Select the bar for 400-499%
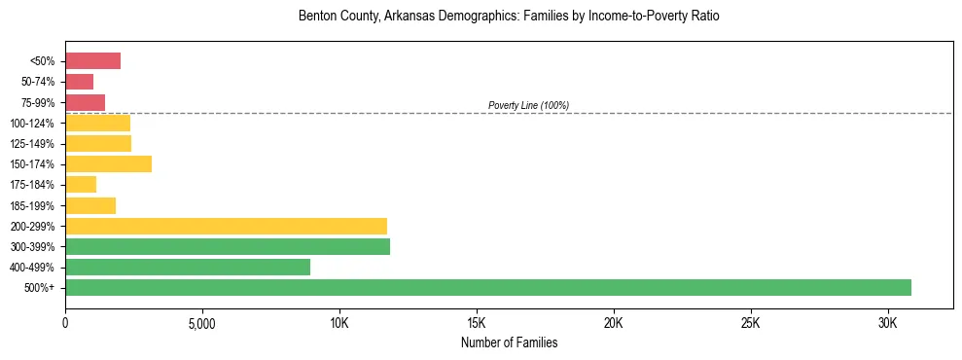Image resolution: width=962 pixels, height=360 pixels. point(188,267)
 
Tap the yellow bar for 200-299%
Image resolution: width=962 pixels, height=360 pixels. point(226,226)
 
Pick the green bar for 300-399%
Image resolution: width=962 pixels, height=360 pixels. point(228,246)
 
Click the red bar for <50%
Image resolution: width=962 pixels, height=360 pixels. point(92,61)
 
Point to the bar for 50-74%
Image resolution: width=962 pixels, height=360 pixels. point(79,82)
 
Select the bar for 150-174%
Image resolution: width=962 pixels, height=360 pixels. point(108,163)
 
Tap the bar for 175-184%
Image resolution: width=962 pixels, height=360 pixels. point(81,184)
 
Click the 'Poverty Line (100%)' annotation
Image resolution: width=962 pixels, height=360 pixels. point(528,105)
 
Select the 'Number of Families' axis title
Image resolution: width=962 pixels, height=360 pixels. point(509,342)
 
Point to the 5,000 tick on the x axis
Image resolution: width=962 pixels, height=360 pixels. point(201,322)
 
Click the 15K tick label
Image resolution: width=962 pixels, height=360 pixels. point(477,322)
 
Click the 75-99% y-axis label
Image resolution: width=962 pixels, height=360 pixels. point(38,102)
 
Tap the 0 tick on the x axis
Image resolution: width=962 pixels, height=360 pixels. point(65,322)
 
